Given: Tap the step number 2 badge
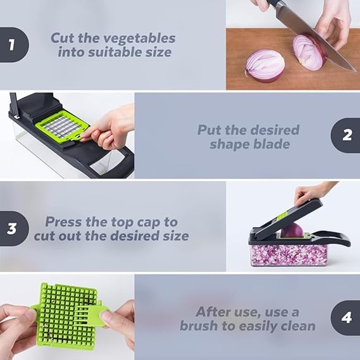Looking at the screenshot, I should tap(346, 135).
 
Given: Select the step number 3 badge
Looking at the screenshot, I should tap(12, 228).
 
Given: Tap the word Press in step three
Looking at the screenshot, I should tap(64, 222).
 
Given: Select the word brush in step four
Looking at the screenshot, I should tap(198, 326).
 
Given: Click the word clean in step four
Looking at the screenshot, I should tap(296, 326).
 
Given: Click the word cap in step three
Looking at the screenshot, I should tap(149, 222).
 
